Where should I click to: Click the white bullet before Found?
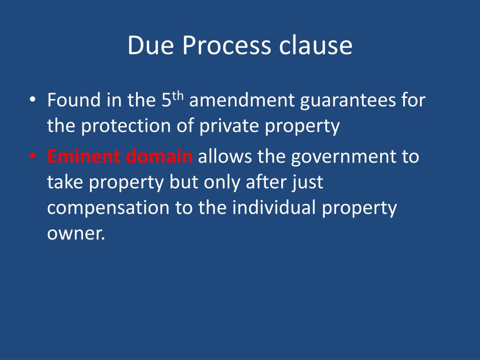[x=32, y=100]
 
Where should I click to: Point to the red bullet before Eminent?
[x=32, y=156]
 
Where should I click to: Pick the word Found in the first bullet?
[x=74, y=100]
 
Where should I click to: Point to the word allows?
[x=225, y=156]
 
